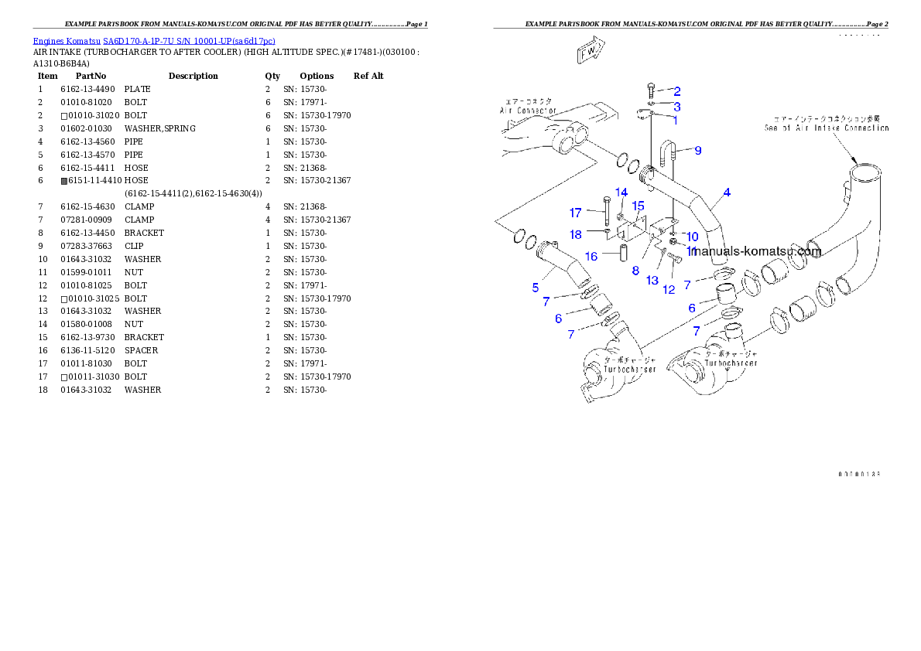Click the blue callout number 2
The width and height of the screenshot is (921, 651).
(x=676, y=91)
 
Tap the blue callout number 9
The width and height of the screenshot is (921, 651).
(x=697, y=151)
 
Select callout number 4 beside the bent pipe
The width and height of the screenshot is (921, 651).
(x=727, y=193)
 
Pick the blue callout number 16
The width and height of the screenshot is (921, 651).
(x=591, y=257)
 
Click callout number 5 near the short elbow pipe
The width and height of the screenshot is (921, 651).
(x=535, y=288)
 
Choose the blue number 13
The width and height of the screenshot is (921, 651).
(x=652, y=280)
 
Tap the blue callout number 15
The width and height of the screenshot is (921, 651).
(x=638, y=206)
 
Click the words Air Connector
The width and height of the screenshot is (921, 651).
(x=526, y=111)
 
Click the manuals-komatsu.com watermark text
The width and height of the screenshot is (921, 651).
(x=757, y=251)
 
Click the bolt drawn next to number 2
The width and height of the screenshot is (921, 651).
(x=651, y=91)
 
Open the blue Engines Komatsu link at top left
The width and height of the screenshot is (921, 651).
(x=154, y=40)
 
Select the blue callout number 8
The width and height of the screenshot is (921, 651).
(x=635, y=271)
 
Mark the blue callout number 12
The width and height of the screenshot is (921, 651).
(x=668, y=290)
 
